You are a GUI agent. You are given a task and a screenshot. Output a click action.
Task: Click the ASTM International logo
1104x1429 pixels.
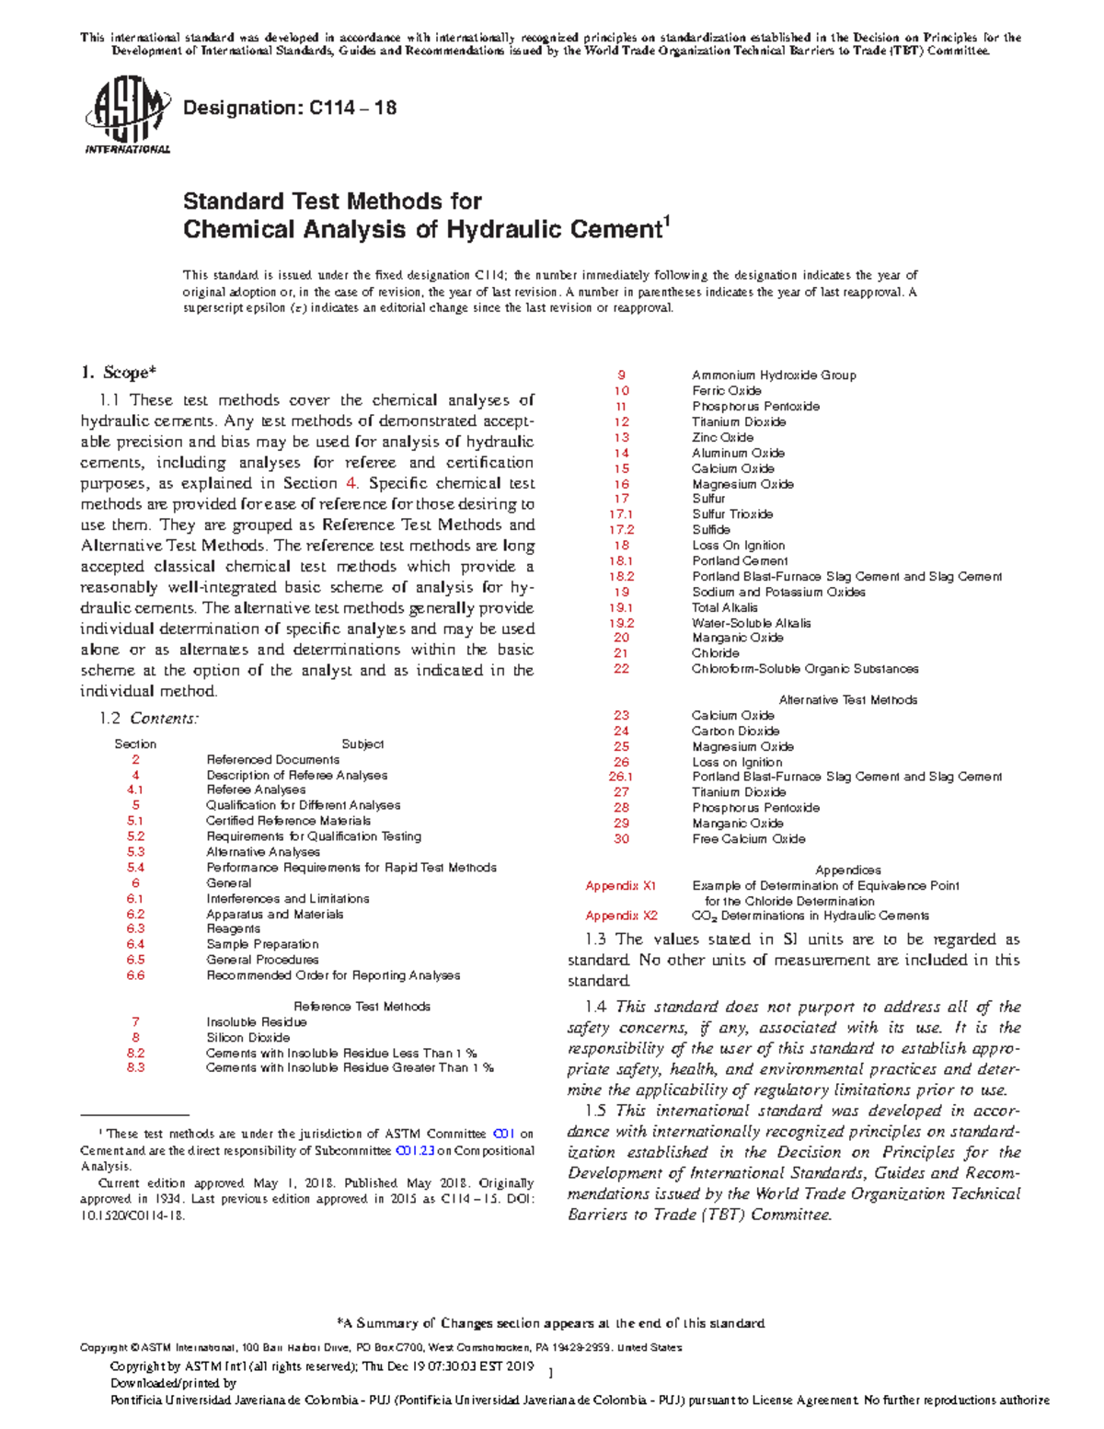click(x=127, y=115)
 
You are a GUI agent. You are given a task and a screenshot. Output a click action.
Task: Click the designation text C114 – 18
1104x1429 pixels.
click(x=290, y=108)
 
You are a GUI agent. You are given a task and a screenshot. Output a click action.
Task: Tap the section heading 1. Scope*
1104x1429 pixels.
click(x=118, y=373)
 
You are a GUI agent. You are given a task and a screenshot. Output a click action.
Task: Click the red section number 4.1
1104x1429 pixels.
click(x=135, y=789)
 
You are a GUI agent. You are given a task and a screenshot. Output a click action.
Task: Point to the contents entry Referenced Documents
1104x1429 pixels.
click(x=272, y=760)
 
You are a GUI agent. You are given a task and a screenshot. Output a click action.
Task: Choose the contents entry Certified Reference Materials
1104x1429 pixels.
click(x=288, y=821)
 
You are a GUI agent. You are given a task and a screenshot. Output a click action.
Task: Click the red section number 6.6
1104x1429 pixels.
click(x=135, y=975)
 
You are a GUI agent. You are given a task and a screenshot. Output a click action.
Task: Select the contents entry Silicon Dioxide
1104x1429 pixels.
click(x=247, y=1037)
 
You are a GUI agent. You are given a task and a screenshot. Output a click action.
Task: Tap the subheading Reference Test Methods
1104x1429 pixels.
click(x=362, y=1007)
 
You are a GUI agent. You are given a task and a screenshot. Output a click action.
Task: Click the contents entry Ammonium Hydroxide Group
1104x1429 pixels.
click(x=774, y=375)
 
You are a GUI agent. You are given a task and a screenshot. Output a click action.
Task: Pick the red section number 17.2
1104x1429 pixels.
click(x=622, y=530)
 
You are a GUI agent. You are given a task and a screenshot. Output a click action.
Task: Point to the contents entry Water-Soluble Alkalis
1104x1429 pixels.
click(x=752, y=623)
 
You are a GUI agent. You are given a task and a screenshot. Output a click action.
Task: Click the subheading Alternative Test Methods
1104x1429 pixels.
click(x=847, y=700)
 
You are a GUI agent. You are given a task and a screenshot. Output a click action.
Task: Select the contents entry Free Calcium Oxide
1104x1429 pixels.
click(x=748, y=839)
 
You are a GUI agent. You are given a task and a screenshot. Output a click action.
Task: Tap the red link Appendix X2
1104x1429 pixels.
click(x=622, y=916)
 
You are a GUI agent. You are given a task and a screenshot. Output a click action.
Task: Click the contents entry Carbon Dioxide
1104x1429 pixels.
click(x=735, y=732)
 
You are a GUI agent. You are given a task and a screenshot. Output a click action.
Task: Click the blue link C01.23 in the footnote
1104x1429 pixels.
click(x=414, y=1151)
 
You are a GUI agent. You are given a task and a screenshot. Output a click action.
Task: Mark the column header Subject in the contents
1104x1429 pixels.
click(x=362, y=744)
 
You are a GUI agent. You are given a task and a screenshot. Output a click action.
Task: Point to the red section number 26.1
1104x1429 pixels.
click(x=622, y=777)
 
